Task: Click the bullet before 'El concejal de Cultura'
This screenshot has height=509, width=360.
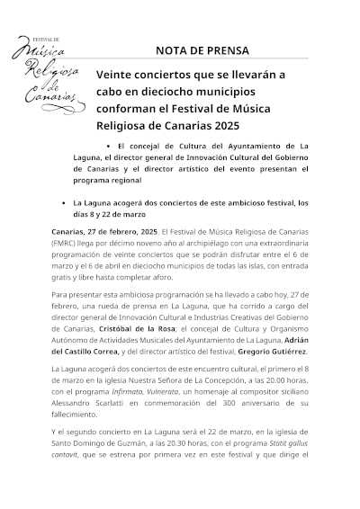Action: click(108, 144)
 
